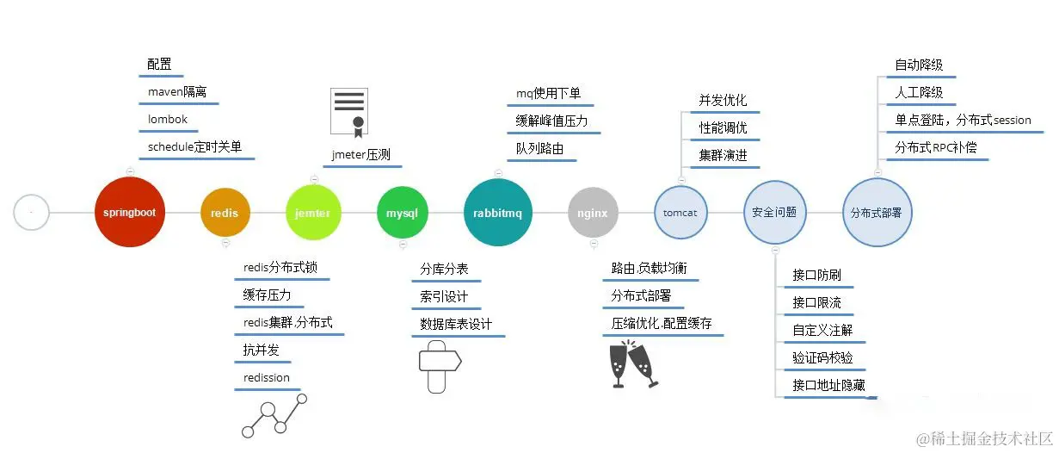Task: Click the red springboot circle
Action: [x=130, y=212]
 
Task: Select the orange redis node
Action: [x=225, y=213]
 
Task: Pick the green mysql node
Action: [x=402, y=213]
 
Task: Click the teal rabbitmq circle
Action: [x=499, y=213]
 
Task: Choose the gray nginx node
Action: [x=593, y=213]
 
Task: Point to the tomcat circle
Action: [x=680, y=213]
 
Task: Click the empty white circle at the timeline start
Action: [x=31, y=212]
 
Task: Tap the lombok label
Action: [x=167, y=120]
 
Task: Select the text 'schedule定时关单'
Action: [x=194, y=147]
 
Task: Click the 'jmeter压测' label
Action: [x=360, y=155]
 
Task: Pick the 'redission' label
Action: [x=267, y=378]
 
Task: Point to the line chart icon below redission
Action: [x=274, y=416]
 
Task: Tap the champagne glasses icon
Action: [x=633, y=365]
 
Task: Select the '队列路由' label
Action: [x=539, y=149]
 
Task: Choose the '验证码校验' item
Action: [x=822, y=357]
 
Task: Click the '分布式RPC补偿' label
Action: [x=936, y=147]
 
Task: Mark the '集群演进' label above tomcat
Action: [x=723, y=156]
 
